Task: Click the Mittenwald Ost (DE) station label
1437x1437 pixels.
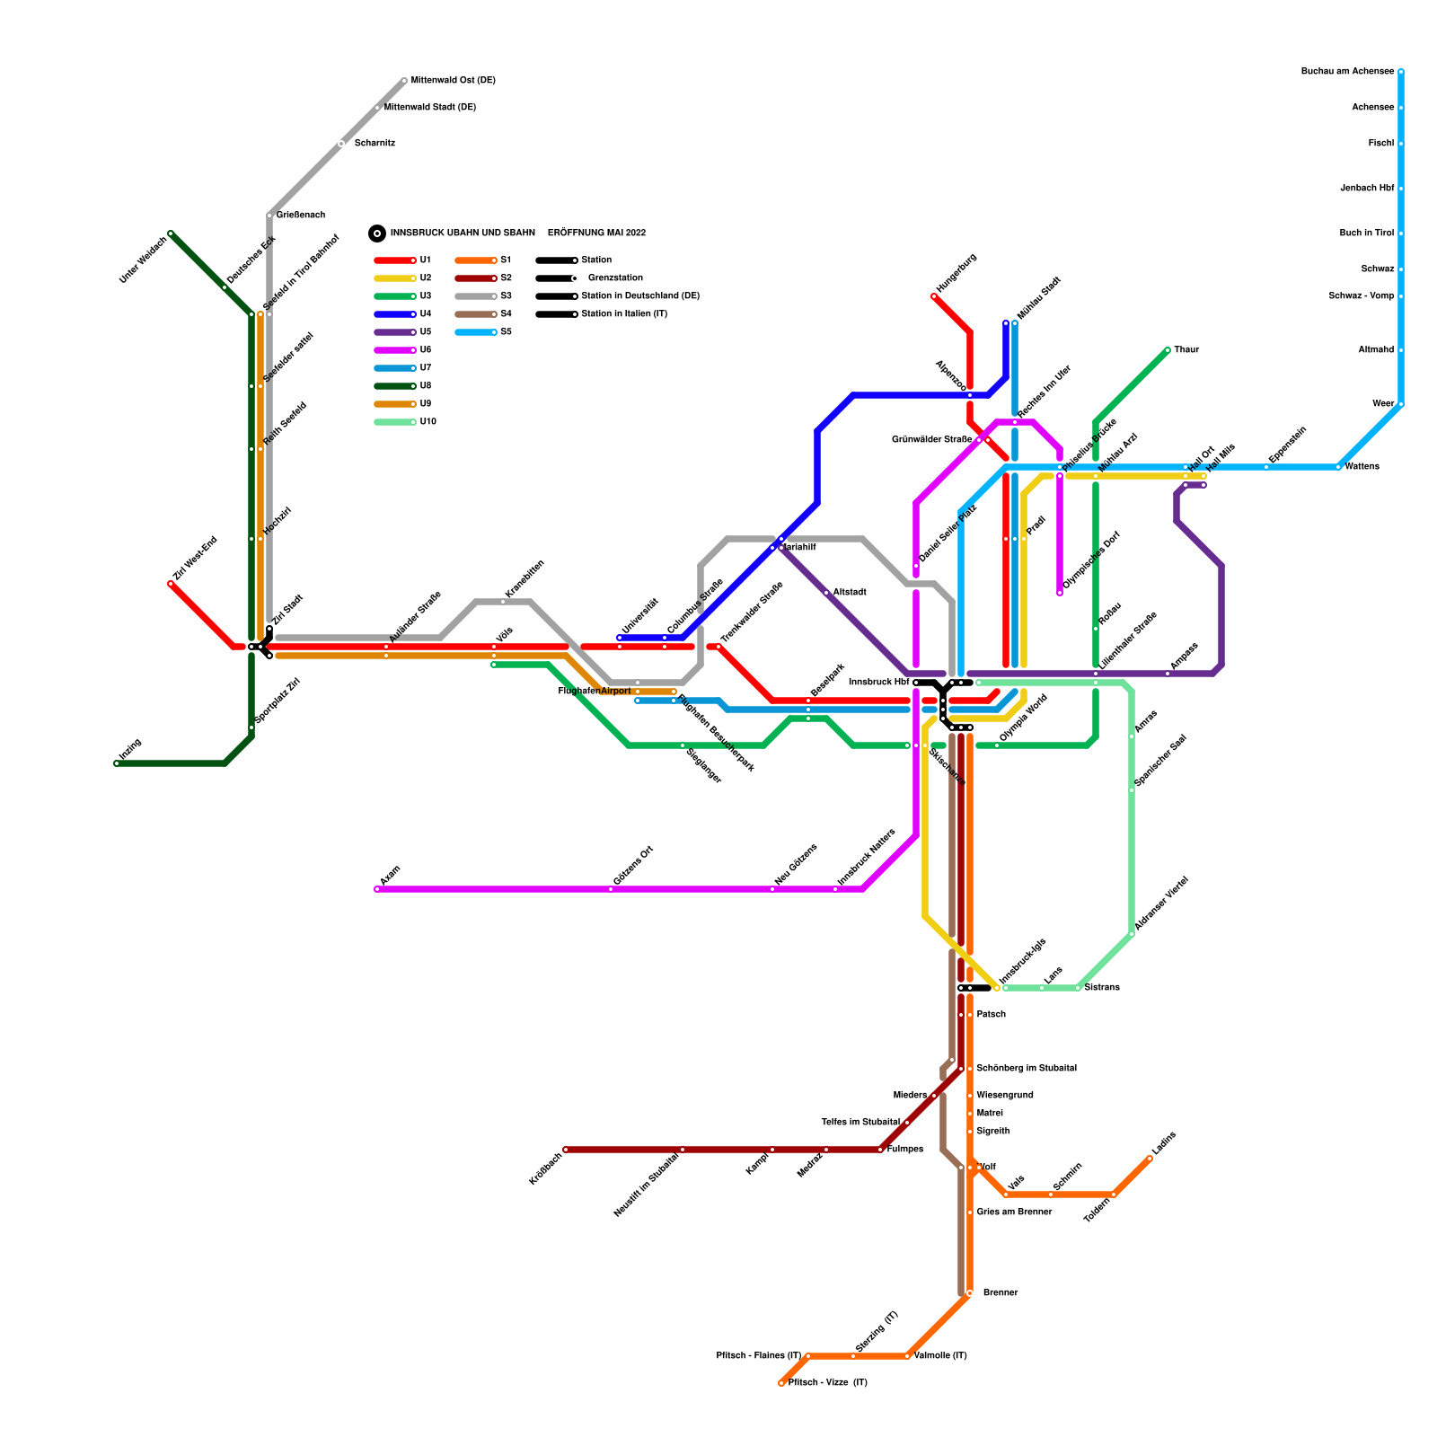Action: [x=453, y=81]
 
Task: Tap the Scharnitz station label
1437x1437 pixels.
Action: [x=375, y=144]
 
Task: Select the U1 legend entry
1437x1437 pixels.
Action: [x=425, y=260]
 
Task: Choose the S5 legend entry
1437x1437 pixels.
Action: [x=506, y=332]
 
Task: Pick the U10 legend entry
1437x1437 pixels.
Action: [x=428, y=422]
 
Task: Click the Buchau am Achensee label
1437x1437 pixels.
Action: [x=1347, y=72]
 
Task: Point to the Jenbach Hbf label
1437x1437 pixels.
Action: [x=1367, y=189]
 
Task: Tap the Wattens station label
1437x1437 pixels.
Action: [x=1362, y=467]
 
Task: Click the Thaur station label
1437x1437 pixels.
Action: [x=1186, y=350]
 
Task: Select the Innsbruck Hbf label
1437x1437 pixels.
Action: [x=878, y=683]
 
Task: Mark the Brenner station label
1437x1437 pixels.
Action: [x=1000, y=1293]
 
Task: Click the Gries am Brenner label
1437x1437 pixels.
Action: [x=1014, y=1212]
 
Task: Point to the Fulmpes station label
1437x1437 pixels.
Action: [x=905, y=1150]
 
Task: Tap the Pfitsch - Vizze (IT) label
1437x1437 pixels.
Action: [x=827, y=1383]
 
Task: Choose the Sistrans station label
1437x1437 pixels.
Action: [x=1102, y=988]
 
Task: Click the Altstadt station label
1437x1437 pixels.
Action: [x=850, y=593]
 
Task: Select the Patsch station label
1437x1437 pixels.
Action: [x=991, y=1015]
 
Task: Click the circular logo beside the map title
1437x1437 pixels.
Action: [x=377, y=234]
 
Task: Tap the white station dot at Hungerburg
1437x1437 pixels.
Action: [x=934, y=296]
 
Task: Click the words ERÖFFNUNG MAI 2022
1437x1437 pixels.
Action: [x=596, y=234]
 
